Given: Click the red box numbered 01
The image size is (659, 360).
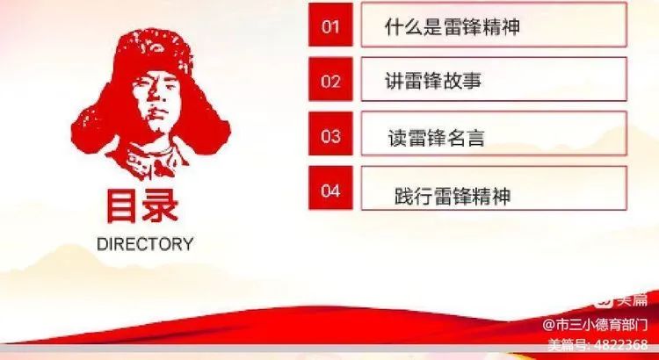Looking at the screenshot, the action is [x=330, y=25].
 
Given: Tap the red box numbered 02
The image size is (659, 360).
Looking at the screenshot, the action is [x=330, y=79].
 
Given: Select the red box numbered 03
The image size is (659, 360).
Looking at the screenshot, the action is [x=330, y=133].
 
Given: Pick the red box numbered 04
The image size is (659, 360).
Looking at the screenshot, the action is [x=330, y=188].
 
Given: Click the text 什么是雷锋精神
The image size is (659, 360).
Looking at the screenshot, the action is [x=453, y=27].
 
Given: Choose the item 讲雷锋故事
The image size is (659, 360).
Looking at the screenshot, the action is [x=433, y=81].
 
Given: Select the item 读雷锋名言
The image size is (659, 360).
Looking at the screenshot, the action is [x=436, y=138].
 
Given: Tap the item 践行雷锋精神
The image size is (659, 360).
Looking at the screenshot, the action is [x=453, y=196].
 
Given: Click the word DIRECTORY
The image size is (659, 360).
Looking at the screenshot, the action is [x=145, y=244].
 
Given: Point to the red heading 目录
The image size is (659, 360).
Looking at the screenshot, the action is [x=143, y=205].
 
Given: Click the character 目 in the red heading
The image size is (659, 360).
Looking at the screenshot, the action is [x=122, y=205].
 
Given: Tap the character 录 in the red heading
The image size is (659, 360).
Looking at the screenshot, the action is [x=161, y=205].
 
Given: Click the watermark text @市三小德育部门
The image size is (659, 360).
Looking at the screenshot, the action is [x=595, y=325].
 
